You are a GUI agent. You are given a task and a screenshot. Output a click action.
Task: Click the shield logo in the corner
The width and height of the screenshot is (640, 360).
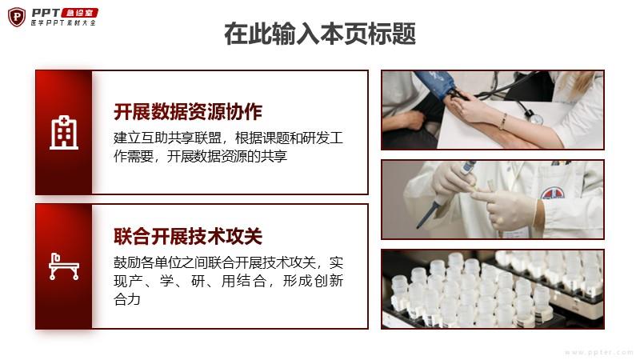click(x=17, y=18)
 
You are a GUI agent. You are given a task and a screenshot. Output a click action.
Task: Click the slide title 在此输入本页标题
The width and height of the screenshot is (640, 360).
click(x=320, y=34)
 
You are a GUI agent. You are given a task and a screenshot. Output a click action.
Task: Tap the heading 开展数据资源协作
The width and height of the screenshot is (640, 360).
click(x=188, y=112)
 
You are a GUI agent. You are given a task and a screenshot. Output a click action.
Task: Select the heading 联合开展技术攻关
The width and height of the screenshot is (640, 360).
click(x=188, y=236)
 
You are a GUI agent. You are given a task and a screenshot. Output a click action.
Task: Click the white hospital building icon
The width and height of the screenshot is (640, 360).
click(x=64, y=132)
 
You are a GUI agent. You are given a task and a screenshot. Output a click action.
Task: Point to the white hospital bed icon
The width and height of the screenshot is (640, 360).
click(x=64, y=266)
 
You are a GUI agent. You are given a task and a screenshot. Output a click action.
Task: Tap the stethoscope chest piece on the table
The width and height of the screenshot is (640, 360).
click(x=535, y=118)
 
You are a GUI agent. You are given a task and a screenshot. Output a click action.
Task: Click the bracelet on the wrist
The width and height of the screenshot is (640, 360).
click(x=504, y=122)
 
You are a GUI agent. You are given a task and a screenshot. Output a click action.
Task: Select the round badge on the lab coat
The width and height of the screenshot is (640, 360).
click(x=553, y=194)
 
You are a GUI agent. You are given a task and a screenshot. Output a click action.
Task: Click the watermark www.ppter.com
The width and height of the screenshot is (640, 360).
click(x=599, y=352)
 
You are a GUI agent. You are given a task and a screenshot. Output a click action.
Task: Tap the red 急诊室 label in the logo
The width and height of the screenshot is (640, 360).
click(x=79, y=13)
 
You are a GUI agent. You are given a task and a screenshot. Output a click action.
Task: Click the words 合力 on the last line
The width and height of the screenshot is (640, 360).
click(x=127, y=299)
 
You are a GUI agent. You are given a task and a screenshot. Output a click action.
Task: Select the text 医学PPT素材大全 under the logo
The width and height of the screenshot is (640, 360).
click(x=63, y=23)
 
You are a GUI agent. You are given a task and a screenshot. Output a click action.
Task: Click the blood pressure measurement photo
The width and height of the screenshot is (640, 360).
click(x=493, y=110)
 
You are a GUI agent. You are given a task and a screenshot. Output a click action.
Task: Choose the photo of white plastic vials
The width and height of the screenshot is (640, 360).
click(x=493, y=290)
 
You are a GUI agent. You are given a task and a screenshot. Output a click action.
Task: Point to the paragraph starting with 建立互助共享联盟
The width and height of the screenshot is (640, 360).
click(x=228, y=147)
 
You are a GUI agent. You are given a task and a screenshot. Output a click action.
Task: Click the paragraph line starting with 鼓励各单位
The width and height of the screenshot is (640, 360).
click(x=228, y=262)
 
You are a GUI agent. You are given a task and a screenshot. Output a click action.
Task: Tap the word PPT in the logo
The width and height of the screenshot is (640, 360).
click(x=46, y=14)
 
